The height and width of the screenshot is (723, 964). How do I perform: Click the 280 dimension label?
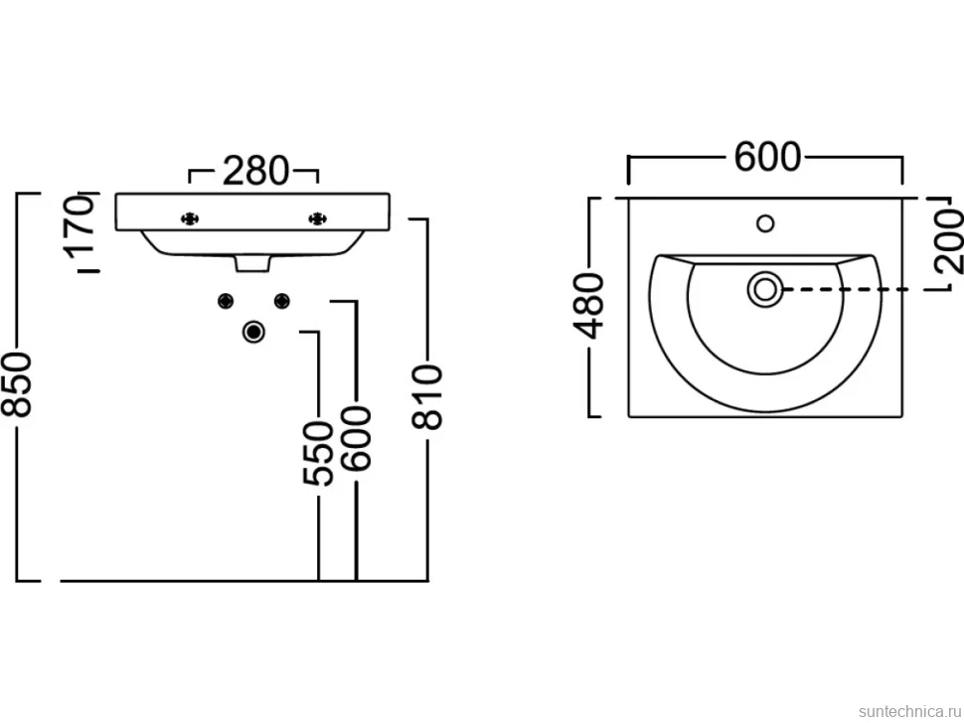pos(255,172)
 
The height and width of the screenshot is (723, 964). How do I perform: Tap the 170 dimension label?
pos(81,227)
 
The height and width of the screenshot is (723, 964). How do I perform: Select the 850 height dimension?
pos(17,385)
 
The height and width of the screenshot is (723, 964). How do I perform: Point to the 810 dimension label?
pos(426,397)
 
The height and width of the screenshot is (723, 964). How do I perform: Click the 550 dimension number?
pos(318,453)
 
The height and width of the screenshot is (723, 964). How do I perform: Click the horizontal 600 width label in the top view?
pos(768,157)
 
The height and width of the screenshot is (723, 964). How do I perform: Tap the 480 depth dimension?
pos(589,306)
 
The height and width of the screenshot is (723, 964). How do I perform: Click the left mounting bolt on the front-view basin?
pos(190,218)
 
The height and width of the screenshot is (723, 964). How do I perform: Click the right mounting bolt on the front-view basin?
pos(317,218)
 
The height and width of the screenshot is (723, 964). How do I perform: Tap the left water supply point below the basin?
pos(226,300)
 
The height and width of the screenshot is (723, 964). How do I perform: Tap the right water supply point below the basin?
pos(281,300)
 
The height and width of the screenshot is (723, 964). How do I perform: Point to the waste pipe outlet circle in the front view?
pos(253,332)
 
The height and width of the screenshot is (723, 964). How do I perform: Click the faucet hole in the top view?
pos(765,223)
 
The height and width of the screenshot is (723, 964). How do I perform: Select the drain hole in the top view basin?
pos(765,289)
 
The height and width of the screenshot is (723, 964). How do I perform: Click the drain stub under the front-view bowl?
pos(252,263)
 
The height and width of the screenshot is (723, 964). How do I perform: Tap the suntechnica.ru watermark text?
pos(909,711)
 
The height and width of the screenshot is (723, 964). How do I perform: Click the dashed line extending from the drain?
pos(845,289)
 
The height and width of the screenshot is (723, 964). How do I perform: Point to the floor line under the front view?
pos(243,580)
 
